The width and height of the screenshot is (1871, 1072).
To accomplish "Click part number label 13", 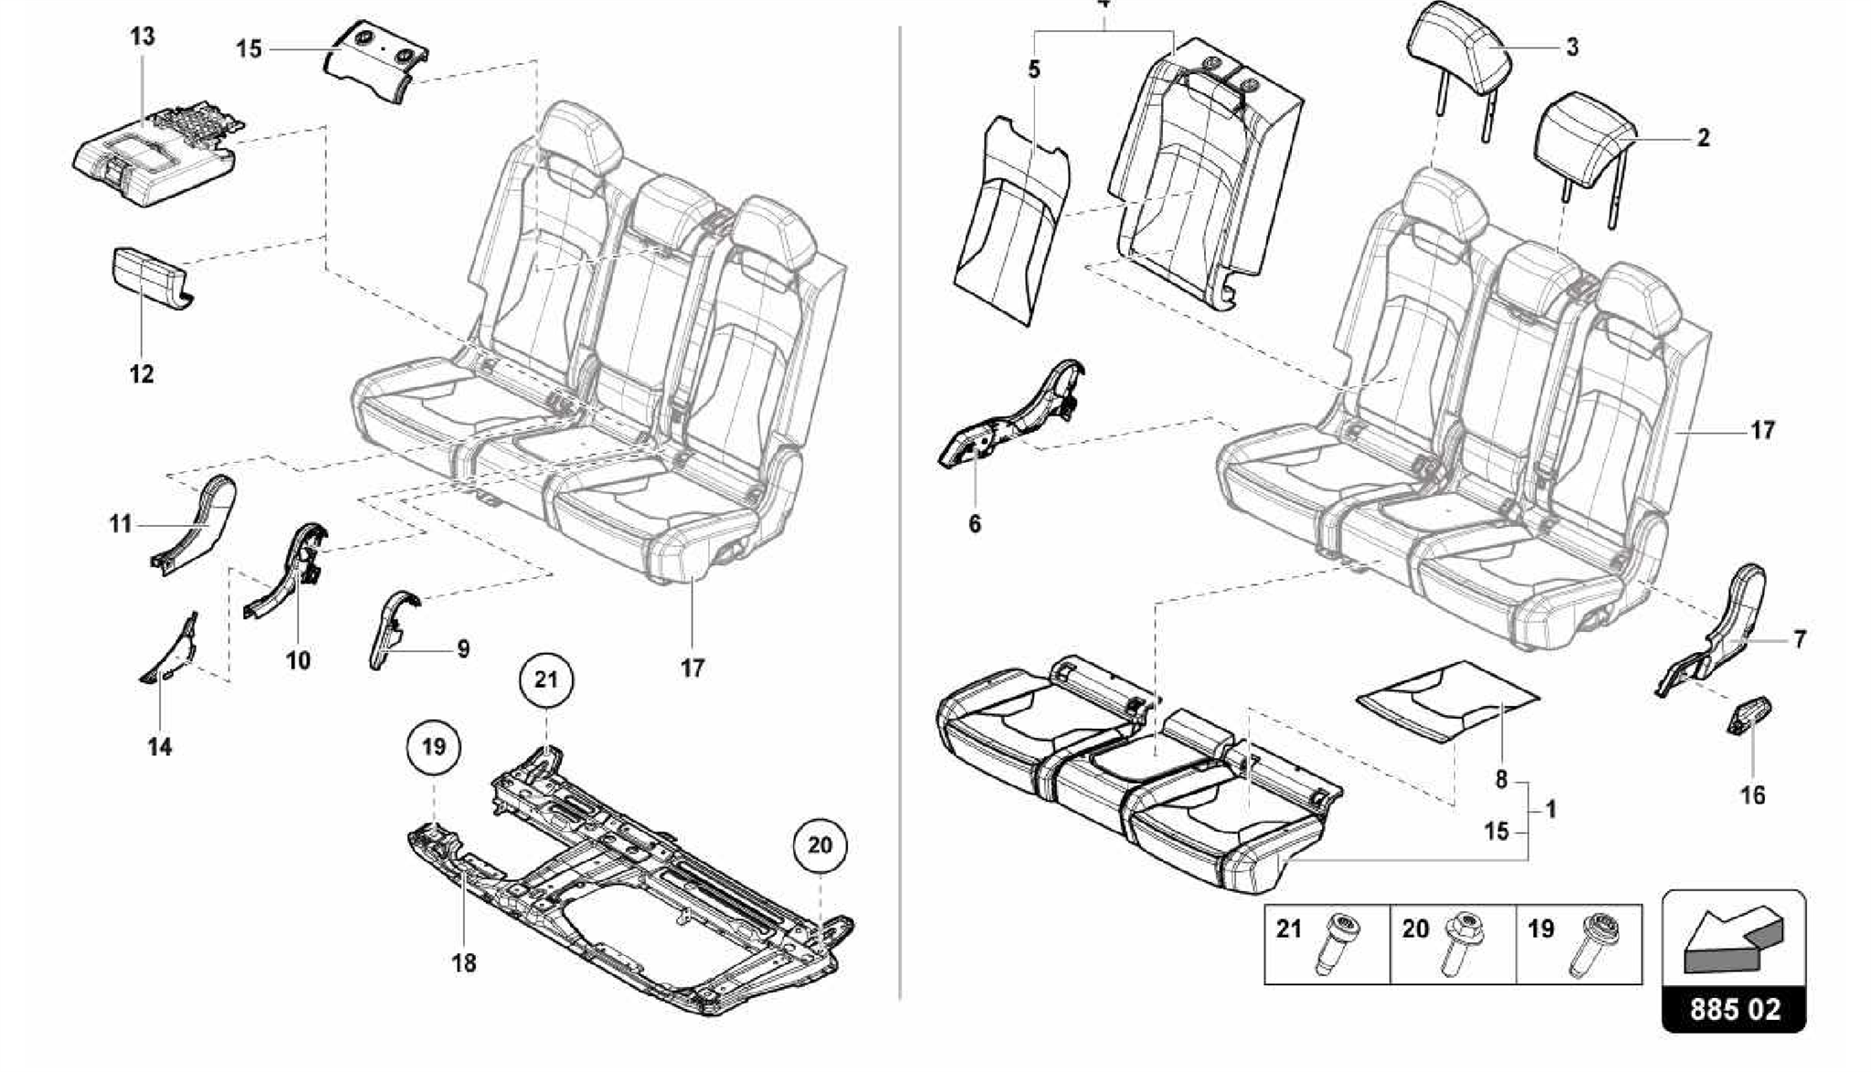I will pos(142,37).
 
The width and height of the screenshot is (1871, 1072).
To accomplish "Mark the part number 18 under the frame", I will pos(464,962).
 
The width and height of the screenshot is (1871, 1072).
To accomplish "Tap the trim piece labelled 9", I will pos(391,630).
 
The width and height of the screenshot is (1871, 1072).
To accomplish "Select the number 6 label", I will pos(974,524).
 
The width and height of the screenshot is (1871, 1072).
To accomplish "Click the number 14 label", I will pos(159,747).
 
